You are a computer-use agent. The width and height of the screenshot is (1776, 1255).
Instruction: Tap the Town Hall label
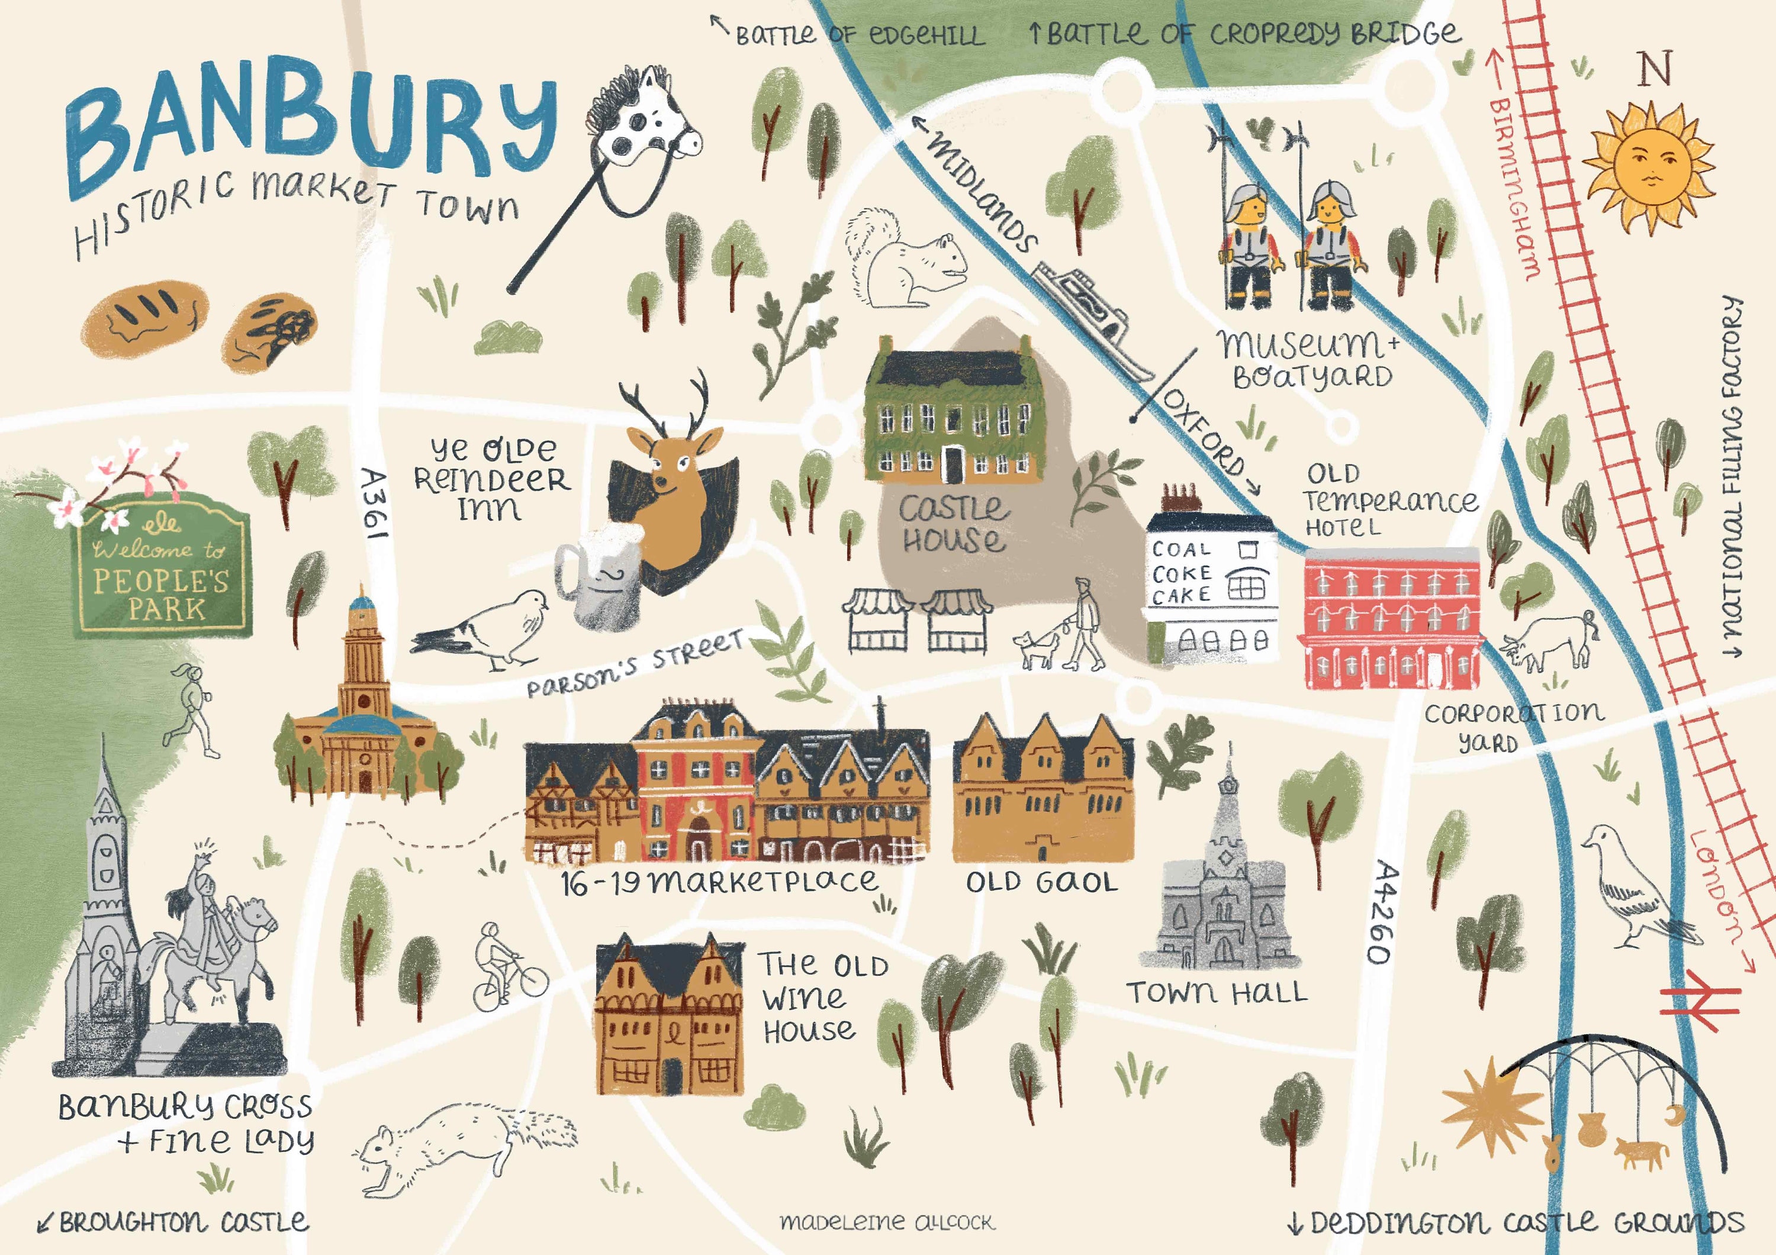pos(1216,993)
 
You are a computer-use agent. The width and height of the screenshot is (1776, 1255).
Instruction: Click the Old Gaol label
pos(1041,882)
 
